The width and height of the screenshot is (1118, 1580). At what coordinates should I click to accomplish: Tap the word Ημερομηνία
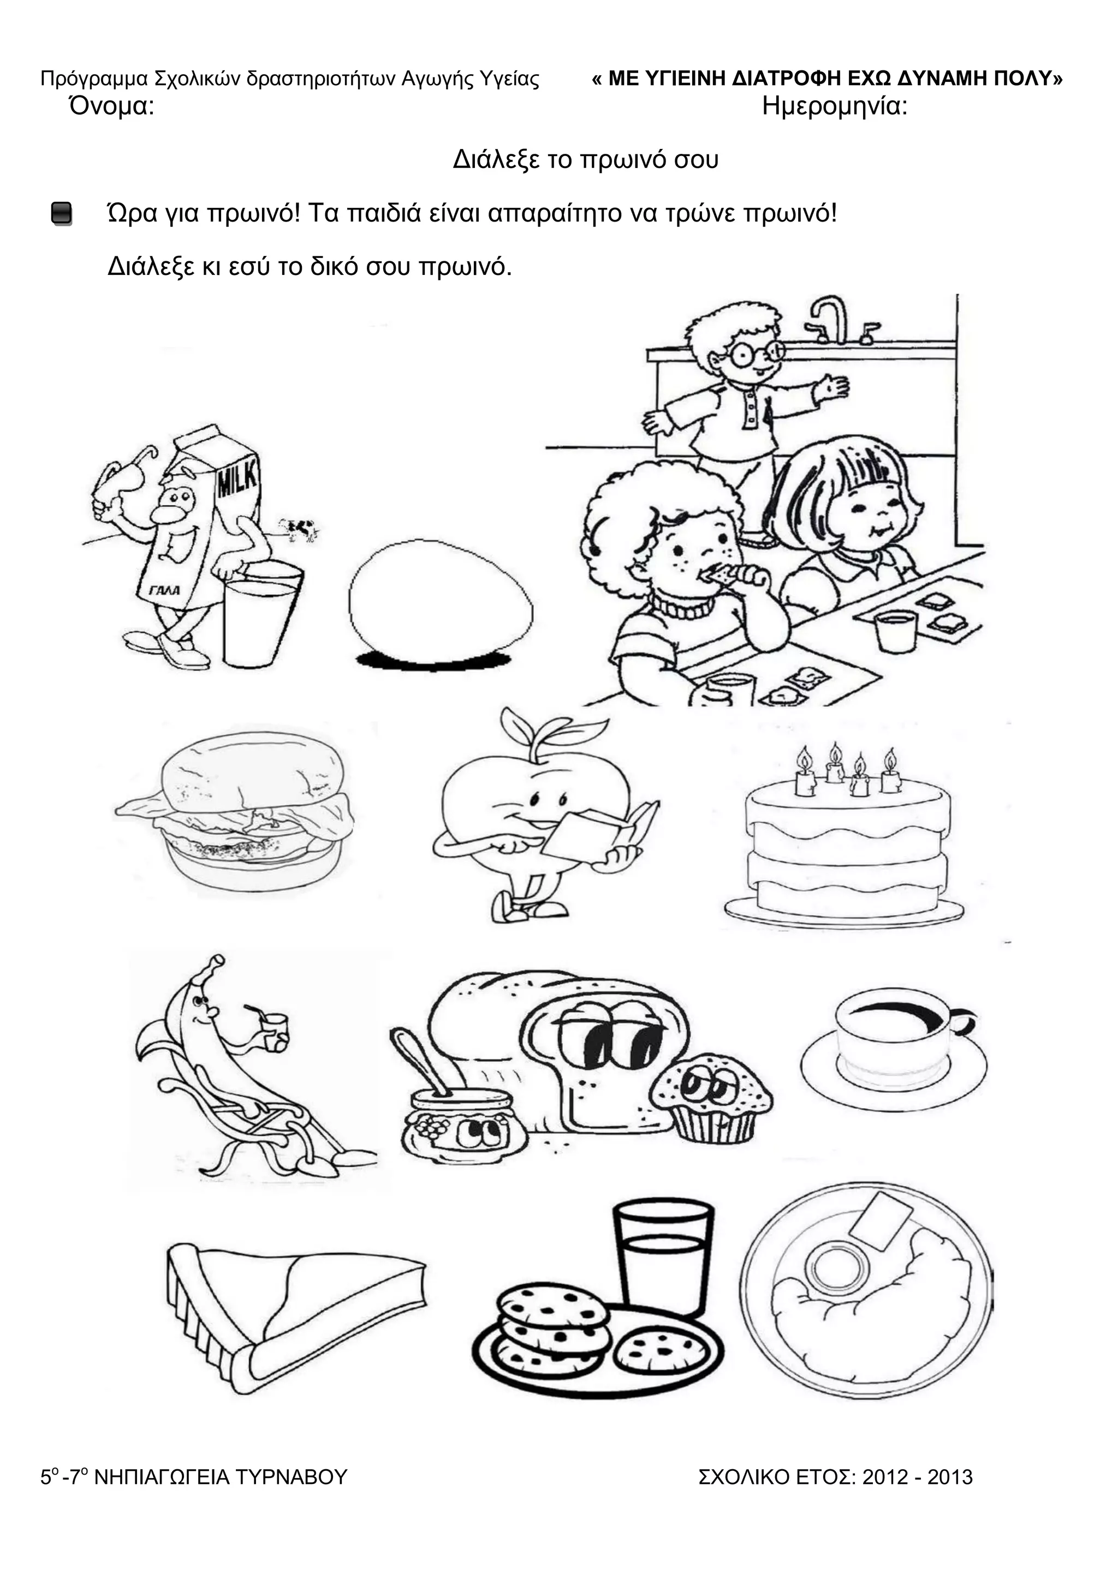[x=834, y=107]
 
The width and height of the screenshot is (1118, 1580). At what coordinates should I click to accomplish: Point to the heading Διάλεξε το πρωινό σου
[x=585, y=160]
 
